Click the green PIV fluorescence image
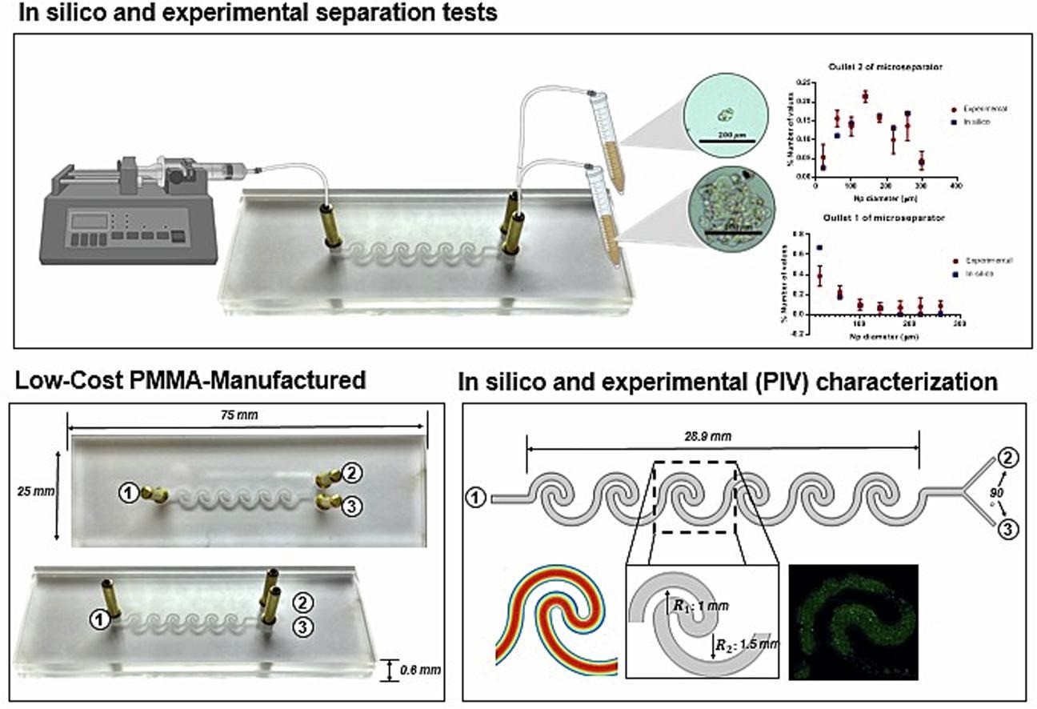pyautogui.click(x=853, y=621)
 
